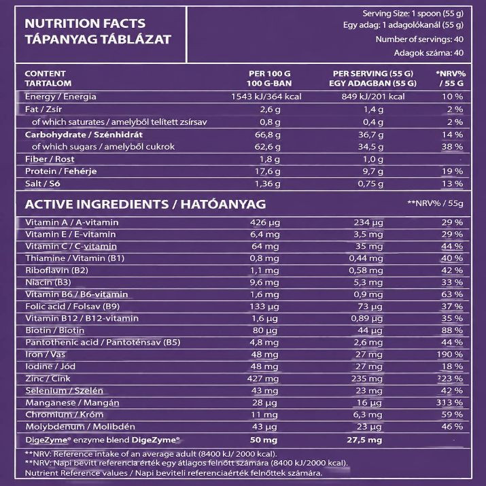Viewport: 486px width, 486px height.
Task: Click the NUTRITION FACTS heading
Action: pyautogui.click(x=85, y=24)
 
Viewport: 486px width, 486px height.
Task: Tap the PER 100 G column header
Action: pyautogui.click(x=270, y=73)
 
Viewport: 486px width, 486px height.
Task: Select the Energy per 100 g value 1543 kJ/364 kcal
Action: pyautogui.click(x=266, y=97)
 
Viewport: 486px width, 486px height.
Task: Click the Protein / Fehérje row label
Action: pyautogui.click(x=60, y=171)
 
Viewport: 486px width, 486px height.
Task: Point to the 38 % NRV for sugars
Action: pyautogui.click(x=452, y=147)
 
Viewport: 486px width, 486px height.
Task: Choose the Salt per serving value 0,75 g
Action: pyautogui.click(x=370, y=184)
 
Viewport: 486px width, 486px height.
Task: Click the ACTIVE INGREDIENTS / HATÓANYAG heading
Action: pyautogui.click(x=145, y=204)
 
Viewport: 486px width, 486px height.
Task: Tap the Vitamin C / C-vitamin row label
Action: pyautogui.click(x=71, y=247)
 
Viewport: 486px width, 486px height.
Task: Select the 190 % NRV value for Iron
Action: pyautogui.click(x=450, y=354)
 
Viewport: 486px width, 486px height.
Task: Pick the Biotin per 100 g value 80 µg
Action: pyautogui.click(x=264, y=330)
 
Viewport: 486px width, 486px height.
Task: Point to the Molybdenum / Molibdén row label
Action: pyautogui.click(x=80, y=426)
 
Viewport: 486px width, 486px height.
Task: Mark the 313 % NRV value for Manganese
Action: pyautogui.click(x=450, y=402)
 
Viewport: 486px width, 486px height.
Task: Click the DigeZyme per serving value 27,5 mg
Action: pyautogui.click(x=364, y=440)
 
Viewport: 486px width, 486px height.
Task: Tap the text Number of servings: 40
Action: pyautogui.click(x=419, y=39)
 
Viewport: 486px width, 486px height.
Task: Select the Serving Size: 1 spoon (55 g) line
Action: pyautogui.click(x=413, y=14)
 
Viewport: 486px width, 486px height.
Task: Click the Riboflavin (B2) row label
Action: pyautogui.click(x=56, y=271)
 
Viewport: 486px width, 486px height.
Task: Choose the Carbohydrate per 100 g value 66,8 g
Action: pyautogui.click(x=268, y=135)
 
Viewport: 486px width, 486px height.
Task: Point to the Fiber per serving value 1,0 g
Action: pyautogui.click(x=373, y=159)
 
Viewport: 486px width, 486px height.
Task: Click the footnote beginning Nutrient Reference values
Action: pyautogui.click(x=173, y=473)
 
